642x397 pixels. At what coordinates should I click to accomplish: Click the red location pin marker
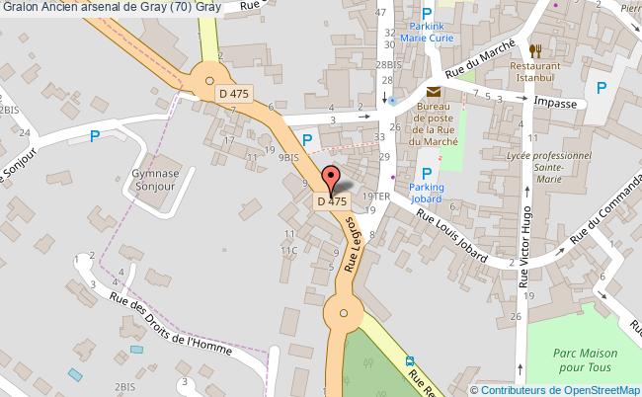tap(332, 180)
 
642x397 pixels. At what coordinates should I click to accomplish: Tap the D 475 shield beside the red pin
tap(332, 200)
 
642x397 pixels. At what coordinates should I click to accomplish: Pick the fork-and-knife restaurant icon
tap(536, 50)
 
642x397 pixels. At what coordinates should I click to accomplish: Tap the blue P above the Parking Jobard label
tap(427, 173)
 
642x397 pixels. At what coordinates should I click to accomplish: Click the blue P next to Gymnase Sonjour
tap(95, 138)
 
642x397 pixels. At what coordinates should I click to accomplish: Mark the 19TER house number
tap(376, 197)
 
